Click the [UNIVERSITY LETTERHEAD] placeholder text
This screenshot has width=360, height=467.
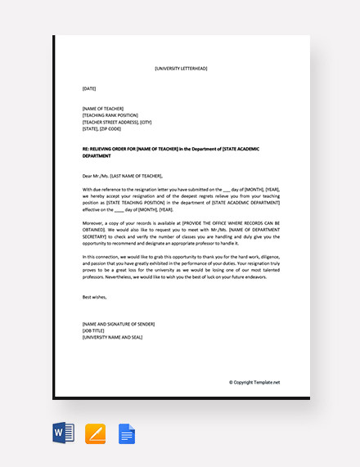point(180,69)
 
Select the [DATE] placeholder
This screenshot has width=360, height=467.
point(89,88)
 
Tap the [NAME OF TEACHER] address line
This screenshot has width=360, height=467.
point(103,109)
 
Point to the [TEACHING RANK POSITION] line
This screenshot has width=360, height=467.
point(110,115)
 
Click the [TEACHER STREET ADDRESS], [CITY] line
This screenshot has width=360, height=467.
point(117,123)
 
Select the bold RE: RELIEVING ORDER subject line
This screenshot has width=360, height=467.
point(180,150)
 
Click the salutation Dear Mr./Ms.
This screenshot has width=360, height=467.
point(122,176)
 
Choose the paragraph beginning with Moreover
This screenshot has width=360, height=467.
point(181,233)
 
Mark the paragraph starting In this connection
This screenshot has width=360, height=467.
point(181,267)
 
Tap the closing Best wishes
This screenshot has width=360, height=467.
point(95,297)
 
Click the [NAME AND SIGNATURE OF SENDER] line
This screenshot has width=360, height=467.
point(118,324)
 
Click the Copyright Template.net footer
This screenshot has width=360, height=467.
point(254,382)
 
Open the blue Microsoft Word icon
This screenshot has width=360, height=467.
point(64,433)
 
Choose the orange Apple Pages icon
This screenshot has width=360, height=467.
point(95,433)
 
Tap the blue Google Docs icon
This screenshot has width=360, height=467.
point(127,433)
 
